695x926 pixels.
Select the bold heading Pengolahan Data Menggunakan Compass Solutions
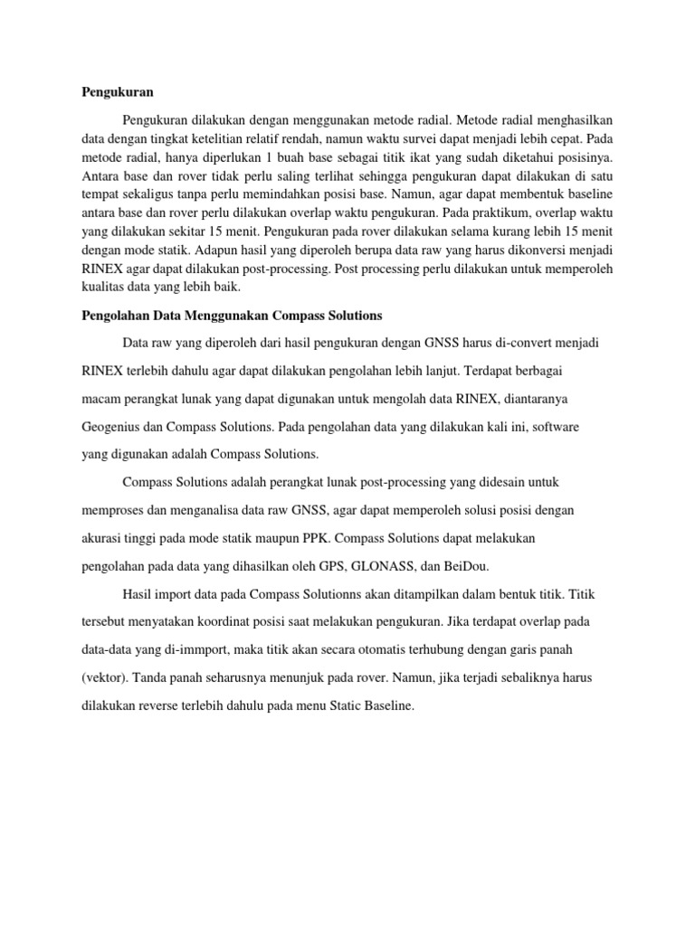point(232,316)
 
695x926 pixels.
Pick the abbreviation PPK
point(312,538)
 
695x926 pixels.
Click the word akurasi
point(104,538)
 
